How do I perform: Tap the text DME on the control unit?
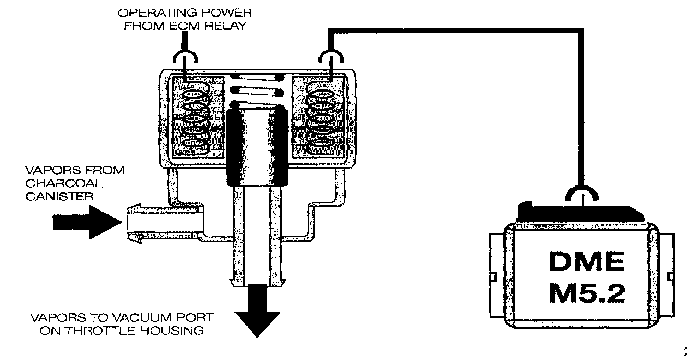(x=586, y=263)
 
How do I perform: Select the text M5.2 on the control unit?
(x=586, y=295)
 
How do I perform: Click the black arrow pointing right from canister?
(x=87, y=223)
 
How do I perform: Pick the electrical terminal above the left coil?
(x=185, y=59)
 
